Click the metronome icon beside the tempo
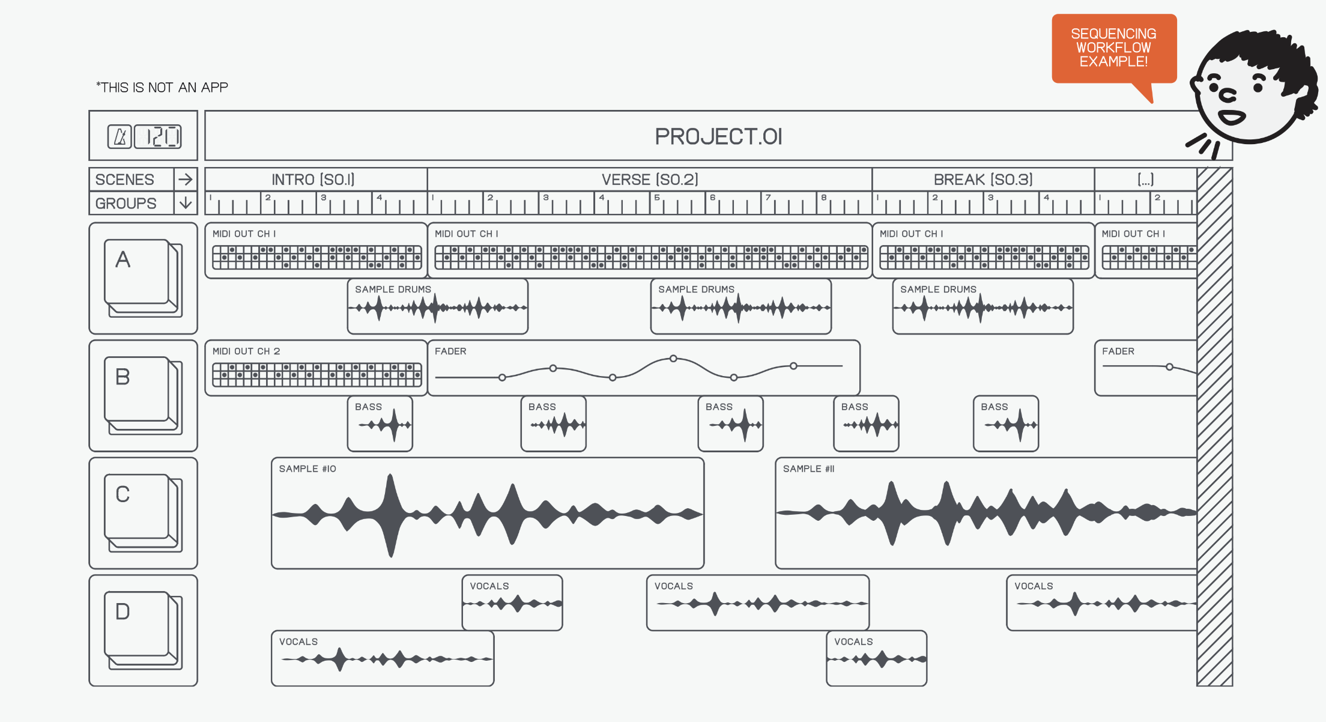[x=120, y=136]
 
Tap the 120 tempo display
[x=157, y=136]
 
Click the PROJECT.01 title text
[x=718, y=137]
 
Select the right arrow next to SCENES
[x=186, y=179]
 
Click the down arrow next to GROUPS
[x=186, y=203]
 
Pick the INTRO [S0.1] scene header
[x=313, y=180]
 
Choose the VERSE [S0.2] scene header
[x=650, y=180]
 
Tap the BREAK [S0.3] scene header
[x=983, y=180]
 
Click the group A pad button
[x=137, y=272]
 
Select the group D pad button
[x=137, y=624]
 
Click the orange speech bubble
[x=1113, y=48]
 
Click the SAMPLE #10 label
[x=307, y=469]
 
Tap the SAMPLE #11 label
[x=808, y=469]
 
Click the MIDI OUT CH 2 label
[x=246, y=351]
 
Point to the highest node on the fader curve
[x=673, y=359]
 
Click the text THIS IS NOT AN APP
[x=162, y=88]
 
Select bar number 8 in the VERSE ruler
[x=824, y=198]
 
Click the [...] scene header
[x=1145, y=180]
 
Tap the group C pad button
[x=137, y=507]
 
